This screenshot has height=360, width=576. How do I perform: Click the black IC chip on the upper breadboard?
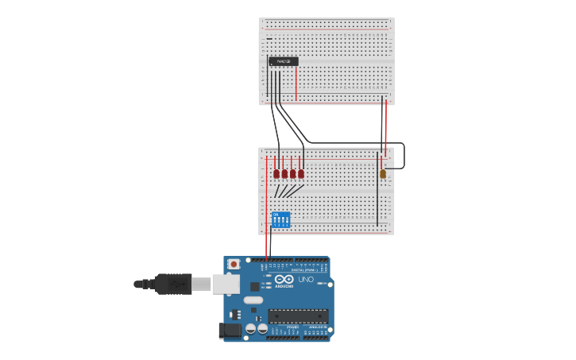(284, 61)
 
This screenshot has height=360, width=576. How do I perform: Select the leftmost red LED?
(276, 173)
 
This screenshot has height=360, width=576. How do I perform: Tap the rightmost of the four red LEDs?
(301, 173)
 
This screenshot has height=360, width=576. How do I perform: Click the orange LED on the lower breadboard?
(382, 174)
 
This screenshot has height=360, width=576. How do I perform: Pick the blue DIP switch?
(280, 219)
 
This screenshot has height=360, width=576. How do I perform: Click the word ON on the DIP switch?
(275, 214)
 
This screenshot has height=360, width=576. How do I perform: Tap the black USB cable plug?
(175, 283)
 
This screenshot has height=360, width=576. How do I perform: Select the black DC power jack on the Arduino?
(230, 331)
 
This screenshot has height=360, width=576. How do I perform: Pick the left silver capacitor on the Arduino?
(250, 328)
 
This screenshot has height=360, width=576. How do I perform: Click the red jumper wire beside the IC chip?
(296, 83)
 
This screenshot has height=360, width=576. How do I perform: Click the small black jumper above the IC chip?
(269, 39)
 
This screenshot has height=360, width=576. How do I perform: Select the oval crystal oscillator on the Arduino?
(253, 300)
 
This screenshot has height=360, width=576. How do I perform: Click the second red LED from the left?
(284, 173)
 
